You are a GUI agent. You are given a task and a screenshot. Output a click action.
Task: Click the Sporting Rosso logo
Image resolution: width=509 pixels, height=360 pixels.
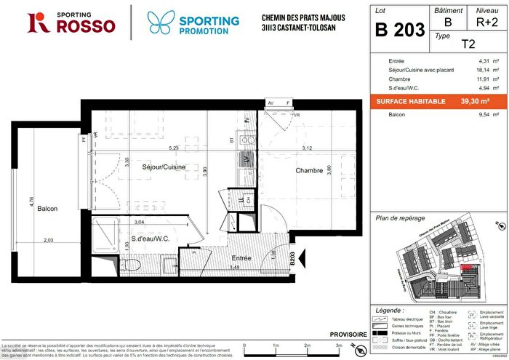71,23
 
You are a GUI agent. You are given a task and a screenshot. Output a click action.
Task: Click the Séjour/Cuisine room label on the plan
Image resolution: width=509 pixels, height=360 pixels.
164,167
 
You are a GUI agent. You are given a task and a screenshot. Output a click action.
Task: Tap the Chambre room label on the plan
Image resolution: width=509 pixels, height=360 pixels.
308,170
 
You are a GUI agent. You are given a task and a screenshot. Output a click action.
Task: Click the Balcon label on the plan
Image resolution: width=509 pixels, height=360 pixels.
48,209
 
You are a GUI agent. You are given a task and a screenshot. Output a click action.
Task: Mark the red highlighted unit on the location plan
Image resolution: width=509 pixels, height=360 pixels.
466,267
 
